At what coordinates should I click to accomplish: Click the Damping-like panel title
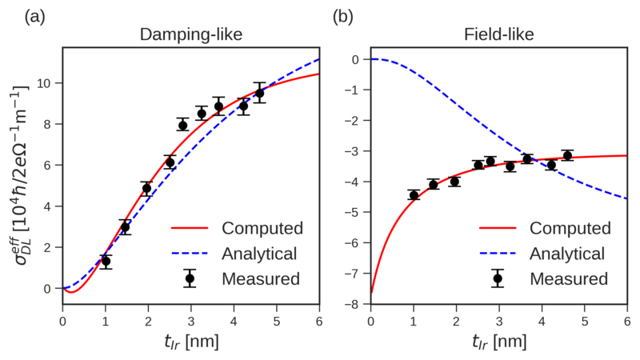click(x=190, y=35)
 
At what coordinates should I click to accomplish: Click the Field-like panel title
click(x=498, y=35)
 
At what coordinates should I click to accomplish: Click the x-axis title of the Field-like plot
click(x=498, y=342)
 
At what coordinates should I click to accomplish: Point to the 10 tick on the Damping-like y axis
click(x=50, y=83)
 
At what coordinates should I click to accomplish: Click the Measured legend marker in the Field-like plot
click(x=498, y=279)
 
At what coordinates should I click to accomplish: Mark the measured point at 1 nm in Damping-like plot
click(x=106, y=262)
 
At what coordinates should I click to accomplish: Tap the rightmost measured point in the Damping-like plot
click(x=259, y=93)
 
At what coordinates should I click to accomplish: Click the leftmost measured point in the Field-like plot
click(x=414, y=195)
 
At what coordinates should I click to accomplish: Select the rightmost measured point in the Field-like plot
click(x=567, y=155)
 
